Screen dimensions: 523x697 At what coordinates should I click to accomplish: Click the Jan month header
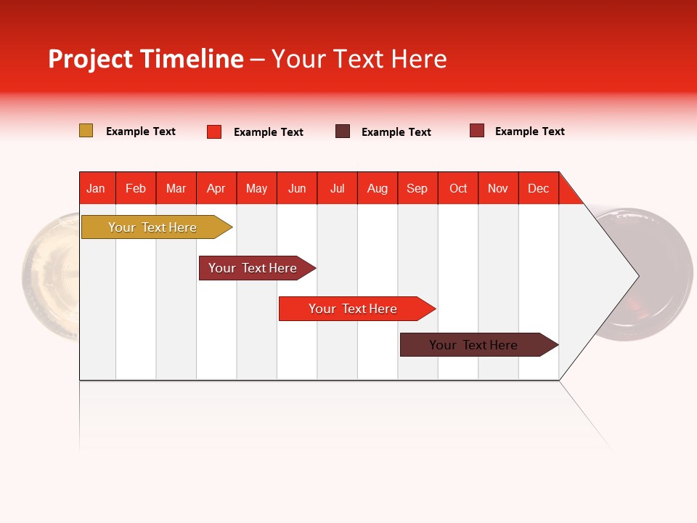pos(97,188)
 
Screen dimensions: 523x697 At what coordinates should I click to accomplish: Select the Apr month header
pos(216,188)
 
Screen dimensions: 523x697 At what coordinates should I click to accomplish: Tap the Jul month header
pos(337,188)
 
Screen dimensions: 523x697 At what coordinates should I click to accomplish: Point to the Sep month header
pos(417,188)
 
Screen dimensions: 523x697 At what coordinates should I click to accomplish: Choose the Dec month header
pos(538,188)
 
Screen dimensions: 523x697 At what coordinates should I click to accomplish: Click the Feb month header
pos(136,188)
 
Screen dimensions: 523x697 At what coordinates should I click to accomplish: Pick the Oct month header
pos(458,188)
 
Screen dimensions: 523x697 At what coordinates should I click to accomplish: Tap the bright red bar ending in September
pos(354,309)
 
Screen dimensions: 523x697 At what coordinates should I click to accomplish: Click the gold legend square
pos(86,131)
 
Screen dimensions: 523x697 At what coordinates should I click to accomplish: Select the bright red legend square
pos(214,131)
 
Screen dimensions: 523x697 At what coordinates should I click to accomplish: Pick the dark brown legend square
pos(343,131)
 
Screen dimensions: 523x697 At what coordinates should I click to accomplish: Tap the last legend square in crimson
pos(477,131)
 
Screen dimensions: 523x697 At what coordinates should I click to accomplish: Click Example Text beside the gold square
pos(141,131)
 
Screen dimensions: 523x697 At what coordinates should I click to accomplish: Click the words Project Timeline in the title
pos(146,59)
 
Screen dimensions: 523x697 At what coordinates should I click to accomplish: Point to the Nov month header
pos(498,188)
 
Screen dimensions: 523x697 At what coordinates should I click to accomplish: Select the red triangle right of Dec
pos(568,193)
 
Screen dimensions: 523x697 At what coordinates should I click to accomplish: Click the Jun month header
pos(297,188)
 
